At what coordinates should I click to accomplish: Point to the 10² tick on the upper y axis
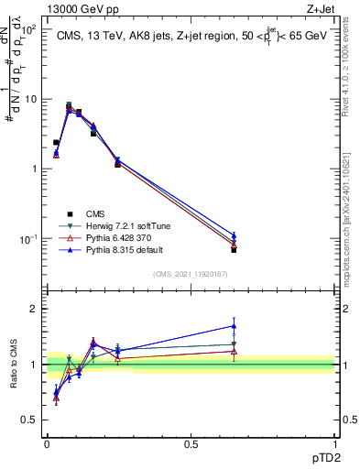pos(29,30)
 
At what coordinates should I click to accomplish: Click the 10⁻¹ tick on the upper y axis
pos(29,239)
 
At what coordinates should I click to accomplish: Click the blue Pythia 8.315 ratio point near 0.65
pos(234,325)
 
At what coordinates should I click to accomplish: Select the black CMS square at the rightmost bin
pos(234,249)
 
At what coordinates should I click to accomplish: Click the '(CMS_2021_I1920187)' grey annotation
pos(190,274)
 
